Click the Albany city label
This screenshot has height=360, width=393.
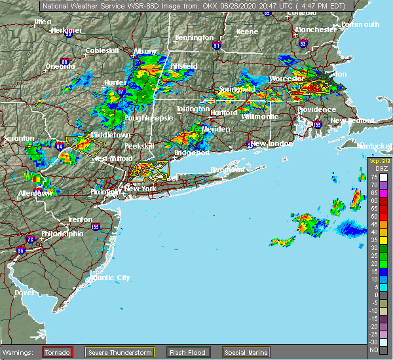pos(145,51)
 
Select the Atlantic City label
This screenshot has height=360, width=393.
pos(110,278)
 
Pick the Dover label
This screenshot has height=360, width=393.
pos(24,293)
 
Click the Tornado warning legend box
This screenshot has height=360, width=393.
pos(58,352)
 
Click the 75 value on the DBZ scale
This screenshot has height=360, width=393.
pos(373,177)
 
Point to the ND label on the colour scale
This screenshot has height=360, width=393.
pos(373,350)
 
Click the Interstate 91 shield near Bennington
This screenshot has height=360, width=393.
pos(217,46)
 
